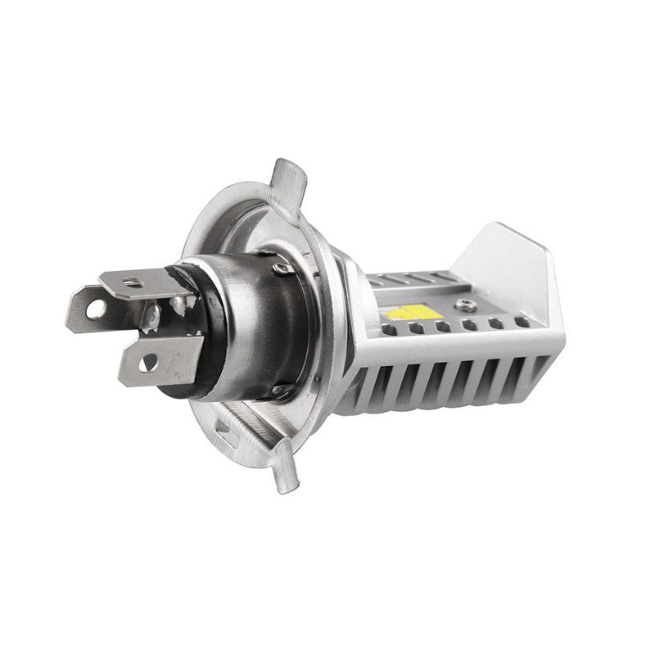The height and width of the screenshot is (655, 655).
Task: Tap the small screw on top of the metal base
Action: (281, 267)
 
